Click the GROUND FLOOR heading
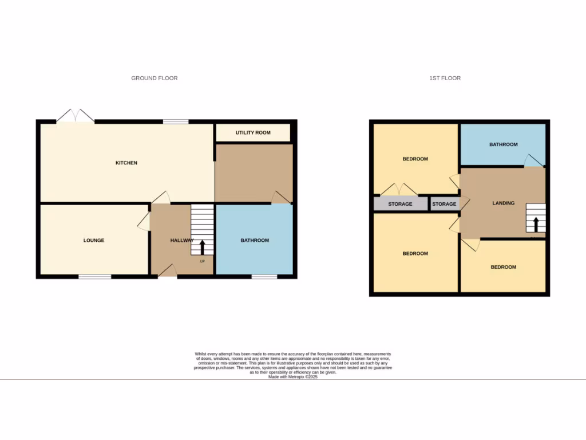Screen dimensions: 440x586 155,78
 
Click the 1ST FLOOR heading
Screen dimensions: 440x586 445,78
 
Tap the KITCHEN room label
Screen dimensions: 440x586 126,163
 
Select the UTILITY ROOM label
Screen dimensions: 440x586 253,133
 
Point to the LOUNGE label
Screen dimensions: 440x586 94,241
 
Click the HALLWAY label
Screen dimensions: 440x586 181,241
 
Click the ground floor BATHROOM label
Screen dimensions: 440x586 255,241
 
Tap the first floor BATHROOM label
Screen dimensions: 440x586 503,144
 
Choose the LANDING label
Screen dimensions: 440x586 504,203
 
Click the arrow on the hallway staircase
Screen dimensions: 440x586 202,247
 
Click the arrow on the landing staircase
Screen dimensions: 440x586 536,224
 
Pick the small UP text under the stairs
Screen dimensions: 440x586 202,261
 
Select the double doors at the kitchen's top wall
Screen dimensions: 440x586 76,116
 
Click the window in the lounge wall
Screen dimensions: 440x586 95,277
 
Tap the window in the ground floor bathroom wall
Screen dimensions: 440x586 264,277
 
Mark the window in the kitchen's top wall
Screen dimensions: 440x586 176,121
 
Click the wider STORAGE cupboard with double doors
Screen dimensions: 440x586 400,204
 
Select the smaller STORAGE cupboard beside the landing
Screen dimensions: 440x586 444,204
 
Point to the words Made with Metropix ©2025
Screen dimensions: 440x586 292,376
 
